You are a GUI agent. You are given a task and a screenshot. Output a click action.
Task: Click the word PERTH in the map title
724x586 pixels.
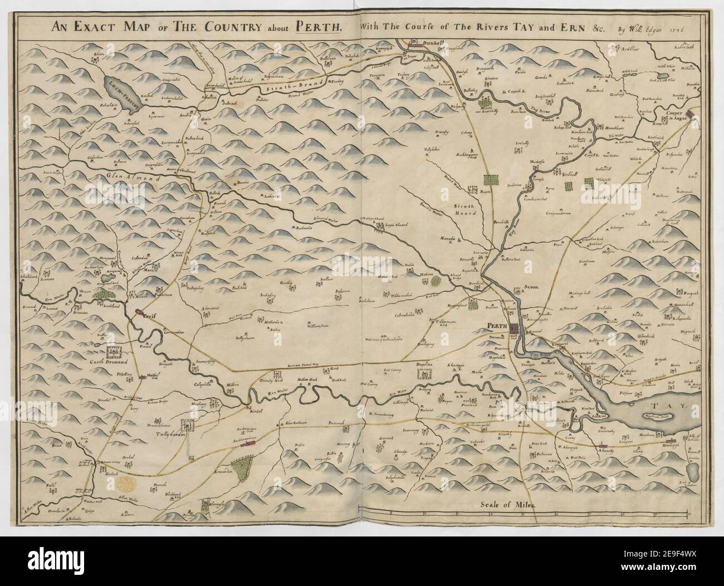coord(317,27)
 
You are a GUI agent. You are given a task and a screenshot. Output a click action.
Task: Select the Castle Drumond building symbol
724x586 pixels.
coord(115,352)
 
